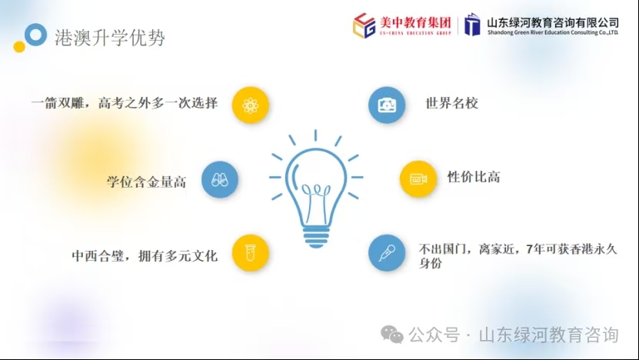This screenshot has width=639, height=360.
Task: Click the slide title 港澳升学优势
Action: (110, 38)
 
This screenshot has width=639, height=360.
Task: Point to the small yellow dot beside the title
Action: (19, 46)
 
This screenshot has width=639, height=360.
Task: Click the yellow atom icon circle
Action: (250, 105)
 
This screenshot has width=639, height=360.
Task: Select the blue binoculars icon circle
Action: (220, 179)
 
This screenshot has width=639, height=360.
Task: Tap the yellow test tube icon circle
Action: (250, 253)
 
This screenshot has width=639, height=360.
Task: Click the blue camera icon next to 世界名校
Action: (387, 105)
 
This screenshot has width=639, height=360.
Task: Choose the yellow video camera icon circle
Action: (418, 179)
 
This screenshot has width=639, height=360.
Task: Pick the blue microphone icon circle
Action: (387, 253)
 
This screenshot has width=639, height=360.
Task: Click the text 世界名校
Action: (451, 103)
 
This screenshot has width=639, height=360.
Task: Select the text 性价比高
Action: (474, 177)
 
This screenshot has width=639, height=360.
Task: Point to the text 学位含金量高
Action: (146, 182)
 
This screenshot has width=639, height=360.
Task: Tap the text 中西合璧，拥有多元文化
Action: (145, 255)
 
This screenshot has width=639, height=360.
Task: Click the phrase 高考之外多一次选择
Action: (158, 103)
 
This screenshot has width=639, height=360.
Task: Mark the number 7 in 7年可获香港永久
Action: (529, 248)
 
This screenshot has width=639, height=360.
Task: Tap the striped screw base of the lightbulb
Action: (316, 238)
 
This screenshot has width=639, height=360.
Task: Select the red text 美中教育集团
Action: (415, 22)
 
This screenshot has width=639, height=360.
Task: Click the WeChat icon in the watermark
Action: (392, 335)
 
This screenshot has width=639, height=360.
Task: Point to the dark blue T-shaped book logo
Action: (472, 25)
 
